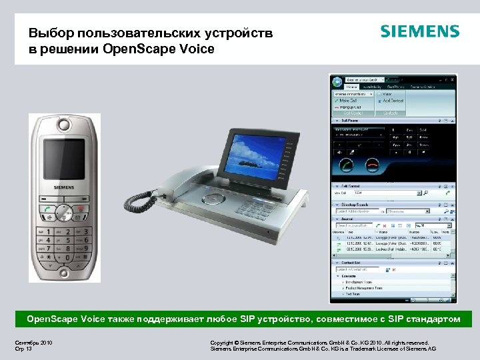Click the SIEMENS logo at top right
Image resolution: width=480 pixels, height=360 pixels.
(419, 31)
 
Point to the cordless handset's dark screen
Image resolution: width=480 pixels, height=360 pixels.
(64, 155)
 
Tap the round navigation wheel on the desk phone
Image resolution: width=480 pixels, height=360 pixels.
(215, 198)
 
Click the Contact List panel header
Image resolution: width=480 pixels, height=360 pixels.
(352, 263)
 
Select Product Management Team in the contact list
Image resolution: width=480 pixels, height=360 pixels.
(364, 289)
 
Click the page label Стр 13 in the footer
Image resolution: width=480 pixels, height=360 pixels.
(24, 349)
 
